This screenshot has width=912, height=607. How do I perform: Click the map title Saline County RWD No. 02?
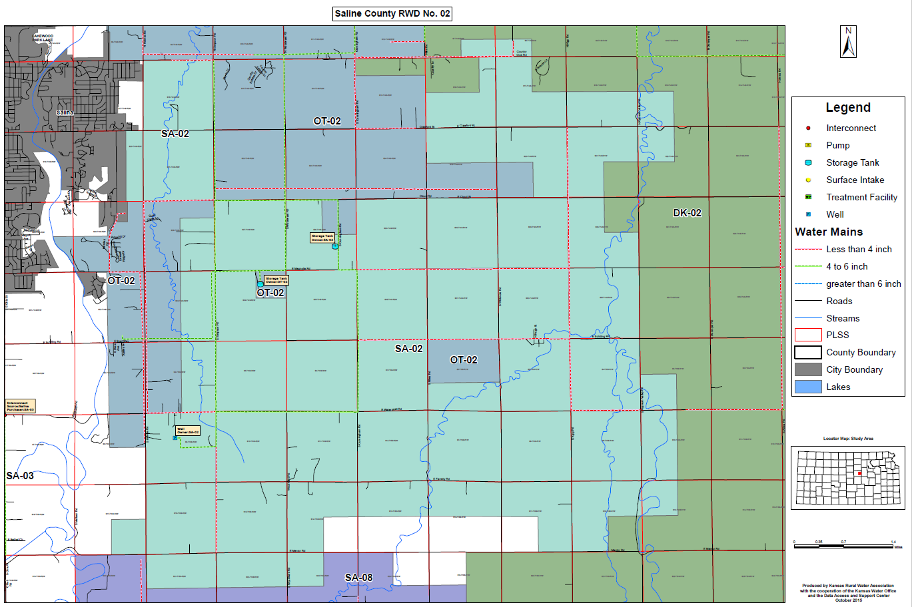392,13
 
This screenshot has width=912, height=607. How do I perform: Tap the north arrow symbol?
848,42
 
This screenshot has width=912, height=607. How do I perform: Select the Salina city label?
65,112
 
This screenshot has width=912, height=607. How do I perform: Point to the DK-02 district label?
687,213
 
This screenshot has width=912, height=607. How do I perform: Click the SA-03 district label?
20,476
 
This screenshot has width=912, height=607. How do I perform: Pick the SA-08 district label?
358,577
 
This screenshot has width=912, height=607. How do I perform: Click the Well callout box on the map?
187,431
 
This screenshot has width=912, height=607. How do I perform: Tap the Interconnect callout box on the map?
20,406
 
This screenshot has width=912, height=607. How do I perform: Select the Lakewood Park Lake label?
43,38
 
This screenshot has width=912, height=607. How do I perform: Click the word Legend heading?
847,108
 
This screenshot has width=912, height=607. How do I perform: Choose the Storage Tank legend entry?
852,162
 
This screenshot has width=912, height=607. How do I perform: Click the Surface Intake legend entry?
855,180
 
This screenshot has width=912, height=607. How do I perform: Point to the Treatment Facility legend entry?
861,197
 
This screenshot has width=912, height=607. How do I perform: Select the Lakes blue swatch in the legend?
808,387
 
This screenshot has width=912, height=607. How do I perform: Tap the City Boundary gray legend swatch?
808,369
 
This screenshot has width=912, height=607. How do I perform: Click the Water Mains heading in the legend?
829,232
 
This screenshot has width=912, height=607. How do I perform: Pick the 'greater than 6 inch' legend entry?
863,284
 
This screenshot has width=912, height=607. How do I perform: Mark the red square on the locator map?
859,473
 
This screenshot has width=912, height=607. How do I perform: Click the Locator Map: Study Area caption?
848,439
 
